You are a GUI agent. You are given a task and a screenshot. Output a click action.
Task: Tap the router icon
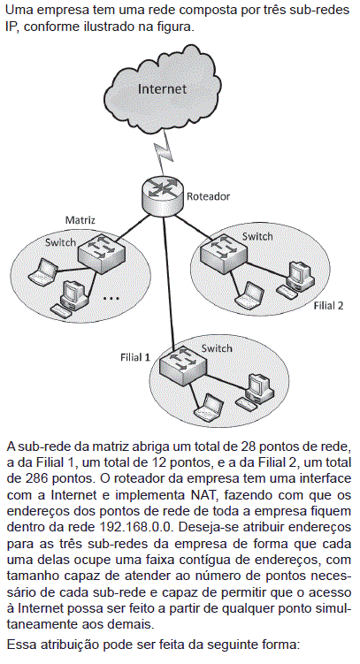(163, 193)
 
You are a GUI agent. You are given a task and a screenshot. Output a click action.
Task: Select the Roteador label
(209, 196)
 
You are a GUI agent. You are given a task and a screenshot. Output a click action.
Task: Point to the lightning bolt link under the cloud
(165, 150)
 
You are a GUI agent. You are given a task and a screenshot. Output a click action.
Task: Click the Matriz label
(80, 220)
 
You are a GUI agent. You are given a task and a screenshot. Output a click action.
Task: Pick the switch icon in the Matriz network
(101, 252)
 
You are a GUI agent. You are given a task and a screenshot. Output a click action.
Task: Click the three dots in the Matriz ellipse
(111, 299)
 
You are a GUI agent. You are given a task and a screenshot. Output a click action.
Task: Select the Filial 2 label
(328, 306)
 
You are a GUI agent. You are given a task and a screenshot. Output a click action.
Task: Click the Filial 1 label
(135, 357)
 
